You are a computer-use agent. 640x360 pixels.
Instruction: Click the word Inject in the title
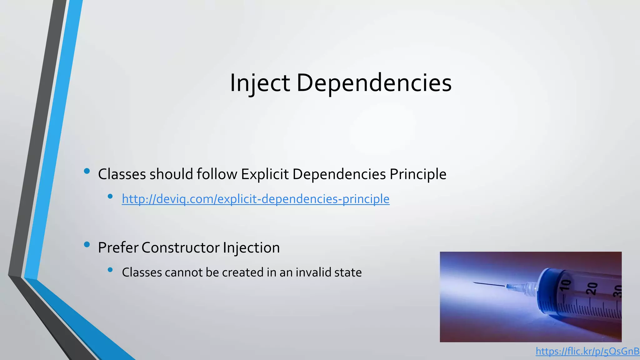pos(259,83)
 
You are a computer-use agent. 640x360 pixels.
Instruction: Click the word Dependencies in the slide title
pos(374,83)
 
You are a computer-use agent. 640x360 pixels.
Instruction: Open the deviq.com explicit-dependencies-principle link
pos(256,199)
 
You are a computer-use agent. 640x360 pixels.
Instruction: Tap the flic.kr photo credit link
pos(587,351)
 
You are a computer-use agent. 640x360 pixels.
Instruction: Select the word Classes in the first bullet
pos(122,174)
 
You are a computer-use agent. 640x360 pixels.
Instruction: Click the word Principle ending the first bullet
pos(418,174)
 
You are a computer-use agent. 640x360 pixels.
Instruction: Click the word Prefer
pos(118,248)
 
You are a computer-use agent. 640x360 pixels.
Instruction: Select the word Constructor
pos(181,248)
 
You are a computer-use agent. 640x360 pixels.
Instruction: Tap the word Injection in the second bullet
pos(251,248)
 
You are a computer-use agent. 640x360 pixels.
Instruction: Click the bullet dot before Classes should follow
pos(87,171)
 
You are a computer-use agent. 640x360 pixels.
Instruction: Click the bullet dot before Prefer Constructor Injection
pos(87,244)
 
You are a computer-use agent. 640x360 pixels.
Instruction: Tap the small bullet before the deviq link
pos(110,196)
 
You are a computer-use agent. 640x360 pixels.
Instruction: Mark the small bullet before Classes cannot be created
pos(110,270)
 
